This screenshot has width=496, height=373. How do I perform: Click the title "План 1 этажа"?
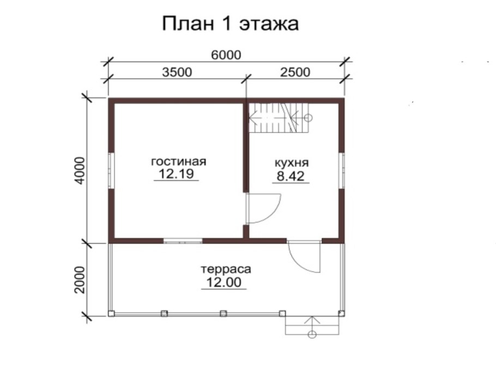pyautogui.click(x=231, y=25)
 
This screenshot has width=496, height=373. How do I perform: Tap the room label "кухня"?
pyautogui.click(x=292, y=163)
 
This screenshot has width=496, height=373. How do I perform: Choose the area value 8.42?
pyautogui.click(x=292, y=176)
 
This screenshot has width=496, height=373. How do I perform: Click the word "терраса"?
pyautogui.click(x=225, y=269)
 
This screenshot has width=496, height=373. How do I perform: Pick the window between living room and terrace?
pyautogui.click(x=183, y=240)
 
